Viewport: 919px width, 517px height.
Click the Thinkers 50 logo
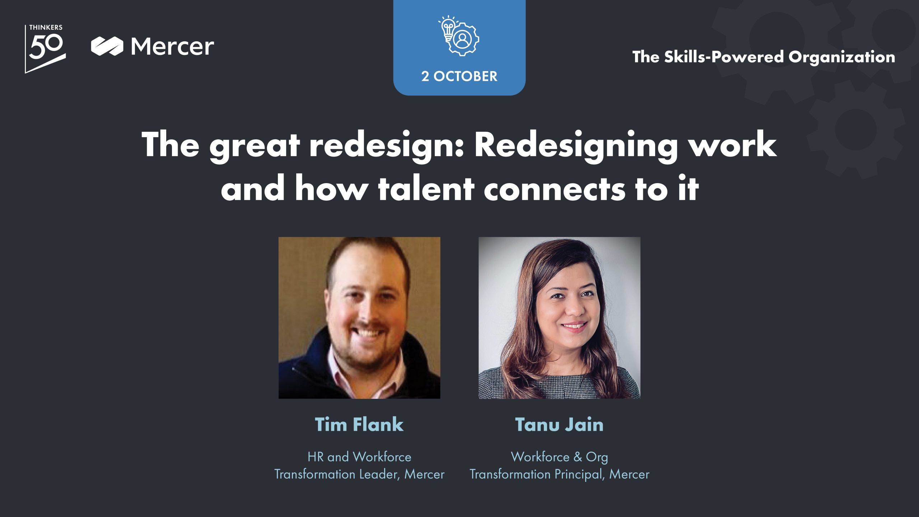45,49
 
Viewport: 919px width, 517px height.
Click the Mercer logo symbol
107,46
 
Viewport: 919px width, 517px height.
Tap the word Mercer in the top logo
172,46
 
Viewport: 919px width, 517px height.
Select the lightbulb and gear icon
459,36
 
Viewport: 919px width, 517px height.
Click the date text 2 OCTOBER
459,76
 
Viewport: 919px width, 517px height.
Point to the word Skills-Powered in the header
723,57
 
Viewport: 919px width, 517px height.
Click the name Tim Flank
359,424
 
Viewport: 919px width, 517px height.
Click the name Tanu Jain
559,424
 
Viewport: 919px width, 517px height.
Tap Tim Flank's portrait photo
359,318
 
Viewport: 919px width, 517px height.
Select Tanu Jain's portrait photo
559,318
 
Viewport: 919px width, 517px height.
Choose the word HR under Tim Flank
316,457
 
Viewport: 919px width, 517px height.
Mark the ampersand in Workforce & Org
578,457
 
